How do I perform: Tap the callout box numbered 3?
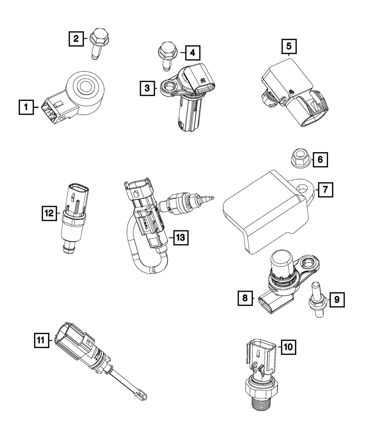146,88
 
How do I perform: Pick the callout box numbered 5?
289,47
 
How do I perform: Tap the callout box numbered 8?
245,299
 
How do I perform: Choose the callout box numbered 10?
288,346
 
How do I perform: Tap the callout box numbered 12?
49,213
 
